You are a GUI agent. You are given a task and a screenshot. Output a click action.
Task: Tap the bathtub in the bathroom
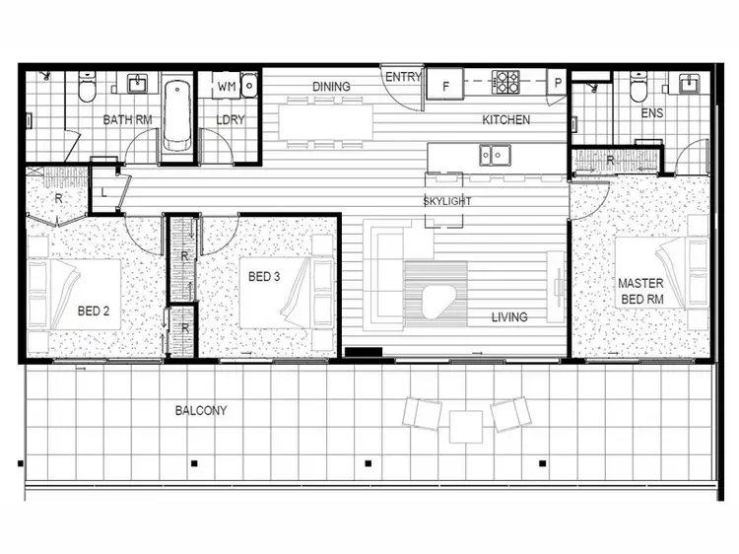pyautogui.click(x=176, y=114)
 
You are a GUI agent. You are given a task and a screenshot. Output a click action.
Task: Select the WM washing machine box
pyautogui.click(x=226, y=87)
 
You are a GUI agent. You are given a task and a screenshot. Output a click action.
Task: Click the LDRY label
pyautogui.click(x=231, y=120)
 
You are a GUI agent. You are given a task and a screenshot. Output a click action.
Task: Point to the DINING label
pyautogui.click(x=331, y=87)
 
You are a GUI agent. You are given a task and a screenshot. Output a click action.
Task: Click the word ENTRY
pyautogui.click(x=403, y=77)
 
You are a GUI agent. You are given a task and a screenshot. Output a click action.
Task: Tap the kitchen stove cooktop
pyautogui.click(x=506, y=81)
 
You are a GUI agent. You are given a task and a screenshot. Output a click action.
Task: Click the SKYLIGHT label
pyautogui.click(x=447, y=201)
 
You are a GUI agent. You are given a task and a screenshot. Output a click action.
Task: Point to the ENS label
pyautogui.click(x=651, y=113)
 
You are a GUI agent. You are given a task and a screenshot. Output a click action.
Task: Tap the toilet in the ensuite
pyautogui.click(x=638, y=90)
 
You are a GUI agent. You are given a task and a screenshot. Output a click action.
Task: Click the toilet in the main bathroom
pyautogui.click(x=87, y=90)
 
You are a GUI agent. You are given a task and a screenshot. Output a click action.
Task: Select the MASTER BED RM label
pyautogui.click(x=640, y=291)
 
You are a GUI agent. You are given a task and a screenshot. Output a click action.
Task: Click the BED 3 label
pyautogui.click(x=264, y=277)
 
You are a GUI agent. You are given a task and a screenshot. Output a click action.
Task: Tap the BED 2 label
pyautogui.click(x=94, y=312)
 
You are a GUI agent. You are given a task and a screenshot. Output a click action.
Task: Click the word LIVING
pyautogui.click(x=509, y=317)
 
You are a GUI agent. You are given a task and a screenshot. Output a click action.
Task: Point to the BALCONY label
pyautogui.click(x=201, y=410)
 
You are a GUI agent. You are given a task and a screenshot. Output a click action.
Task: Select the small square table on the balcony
pyautogui.click(x=465, y=426)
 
